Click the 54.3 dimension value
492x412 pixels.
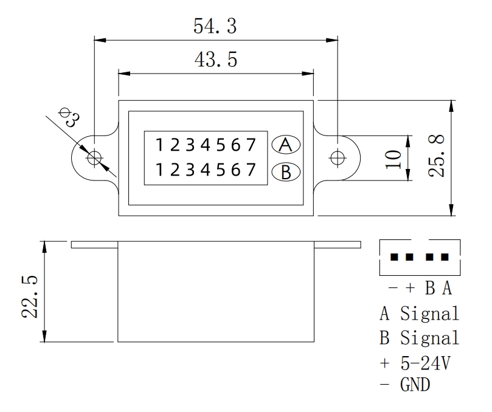(216, 27)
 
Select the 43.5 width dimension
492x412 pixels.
(215, 61)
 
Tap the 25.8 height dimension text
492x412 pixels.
(439, 156)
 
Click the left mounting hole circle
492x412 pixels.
(94, 158)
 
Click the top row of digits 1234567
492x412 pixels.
(204, 146)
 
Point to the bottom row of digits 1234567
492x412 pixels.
(204, 170)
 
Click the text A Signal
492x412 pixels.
(419, 314)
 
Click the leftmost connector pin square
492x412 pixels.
(394, 257)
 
